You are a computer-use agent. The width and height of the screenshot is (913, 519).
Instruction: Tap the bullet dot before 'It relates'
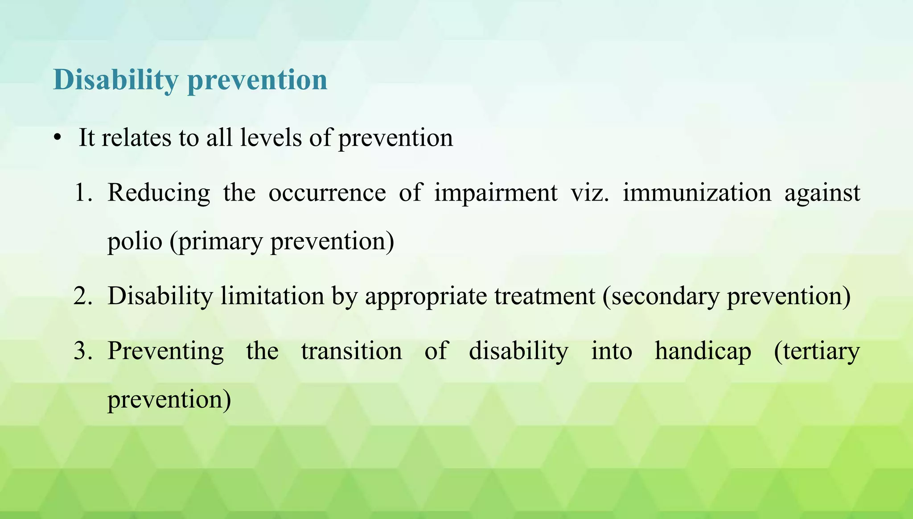click(57, 138)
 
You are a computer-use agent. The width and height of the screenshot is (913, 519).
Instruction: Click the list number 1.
click(83, 193)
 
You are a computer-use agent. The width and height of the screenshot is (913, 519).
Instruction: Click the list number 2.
click(83, 296)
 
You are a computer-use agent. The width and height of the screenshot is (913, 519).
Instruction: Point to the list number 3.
click(83, 351)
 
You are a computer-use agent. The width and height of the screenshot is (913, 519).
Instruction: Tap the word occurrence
click(327, 193)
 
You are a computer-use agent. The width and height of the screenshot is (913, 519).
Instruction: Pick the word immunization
click(697, 193)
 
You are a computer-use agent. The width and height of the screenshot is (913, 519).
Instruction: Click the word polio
click(135, 242)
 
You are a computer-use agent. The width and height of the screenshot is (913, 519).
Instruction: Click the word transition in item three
click(351, 351)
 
